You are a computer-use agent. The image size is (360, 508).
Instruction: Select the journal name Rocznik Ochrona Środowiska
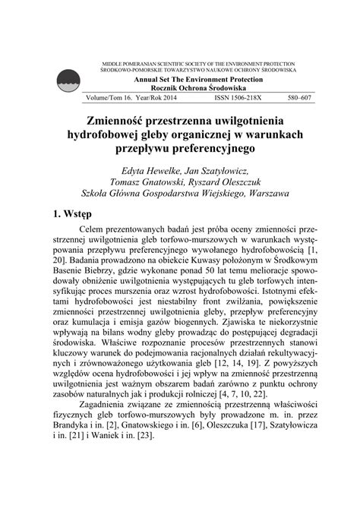[x=198, y=88]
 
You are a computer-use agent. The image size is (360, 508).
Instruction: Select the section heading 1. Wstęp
[x=73, y=215]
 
